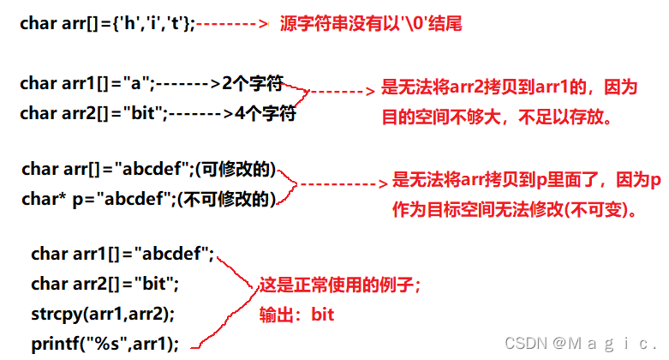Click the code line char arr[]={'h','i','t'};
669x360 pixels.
107,24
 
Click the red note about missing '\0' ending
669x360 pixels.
371,24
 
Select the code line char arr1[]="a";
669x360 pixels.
87,84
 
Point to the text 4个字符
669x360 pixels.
265,113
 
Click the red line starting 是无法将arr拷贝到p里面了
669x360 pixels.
526,181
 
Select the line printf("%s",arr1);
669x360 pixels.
105,344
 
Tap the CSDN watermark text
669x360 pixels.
582,344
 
